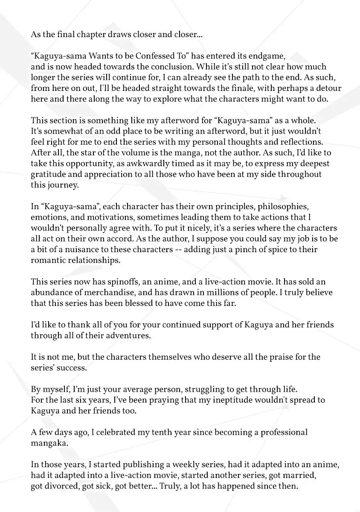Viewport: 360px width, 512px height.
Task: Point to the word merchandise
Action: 109,293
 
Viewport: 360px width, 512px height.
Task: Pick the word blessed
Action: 140,303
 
